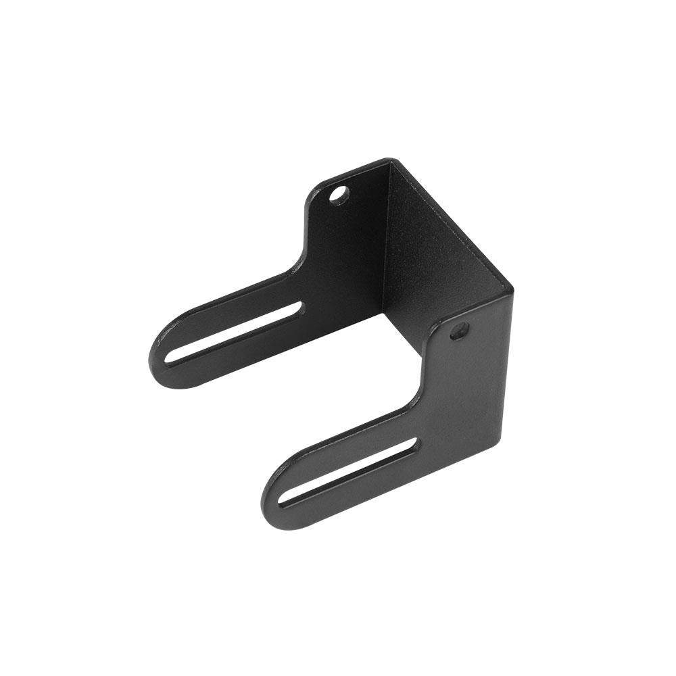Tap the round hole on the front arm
tap(460, 331)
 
